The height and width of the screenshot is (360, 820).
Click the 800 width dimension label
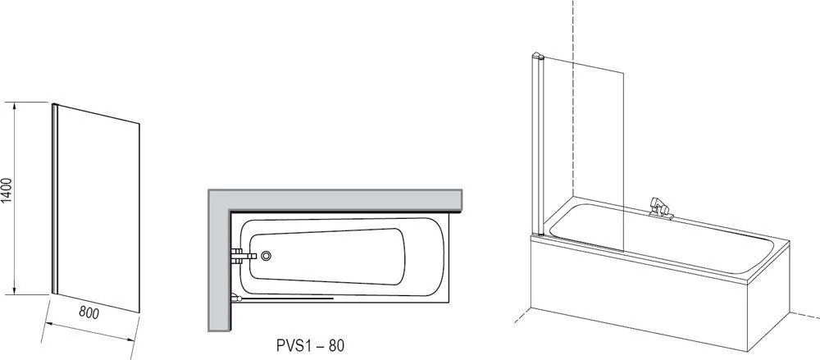point(89,312)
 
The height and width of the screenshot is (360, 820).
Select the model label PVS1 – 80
point(310,346)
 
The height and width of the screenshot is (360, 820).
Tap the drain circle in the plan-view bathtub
point(266,256)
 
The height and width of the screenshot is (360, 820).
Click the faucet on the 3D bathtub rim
point(660,207)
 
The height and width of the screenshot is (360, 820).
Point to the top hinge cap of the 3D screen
point(538,55)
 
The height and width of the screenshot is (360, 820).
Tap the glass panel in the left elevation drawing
point(98,208)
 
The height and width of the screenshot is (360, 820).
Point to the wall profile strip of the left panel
point(54,198)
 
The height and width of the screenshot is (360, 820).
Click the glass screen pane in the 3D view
point(584,153)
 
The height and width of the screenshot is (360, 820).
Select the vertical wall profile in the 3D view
point(538,145)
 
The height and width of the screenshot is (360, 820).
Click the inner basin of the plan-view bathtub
point(327,257)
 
